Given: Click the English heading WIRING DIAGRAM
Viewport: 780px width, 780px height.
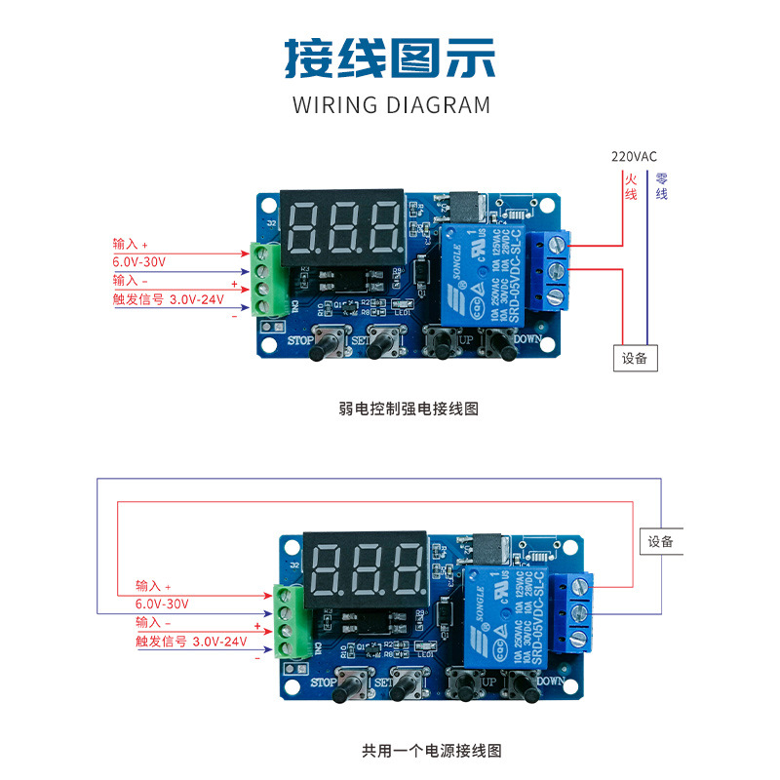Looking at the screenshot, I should coord(391,105).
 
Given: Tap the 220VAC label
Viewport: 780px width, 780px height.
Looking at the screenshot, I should coord(634,156).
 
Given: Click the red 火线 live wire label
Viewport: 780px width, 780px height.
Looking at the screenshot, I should coord(631,186).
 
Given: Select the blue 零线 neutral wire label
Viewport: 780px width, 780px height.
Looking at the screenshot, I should coord(662,186).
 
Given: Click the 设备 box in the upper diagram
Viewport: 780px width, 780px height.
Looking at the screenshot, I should coord(635,358).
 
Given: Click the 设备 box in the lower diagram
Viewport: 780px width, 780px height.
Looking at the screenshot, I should coord(661,541).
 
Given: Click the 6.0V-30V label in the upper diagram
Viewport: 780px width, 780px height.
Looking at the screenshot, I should coord(140,262).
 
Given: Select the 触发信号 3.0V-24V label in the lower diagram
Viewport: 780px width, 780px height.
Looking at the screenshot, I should coord(191,642).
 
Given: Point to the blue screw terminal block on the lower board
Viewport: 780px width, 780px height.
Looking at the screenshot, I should coord(575,612).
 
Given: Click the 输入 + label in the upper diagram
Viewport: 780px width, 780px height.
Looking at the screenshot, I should coord(131,244).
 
